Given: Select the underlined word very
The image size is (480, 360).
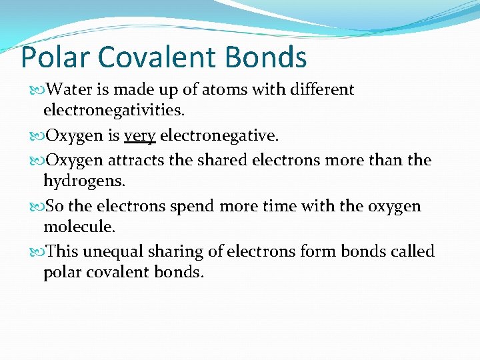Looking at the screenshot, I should [139, 136].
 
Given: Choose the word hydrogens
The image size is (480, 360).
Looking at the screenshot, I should [82, 181].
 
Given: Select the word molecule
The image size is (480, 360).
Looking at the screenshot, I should [79, 227].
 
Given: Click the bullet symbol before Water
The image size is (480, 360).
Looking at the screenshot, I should [35, 90].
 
